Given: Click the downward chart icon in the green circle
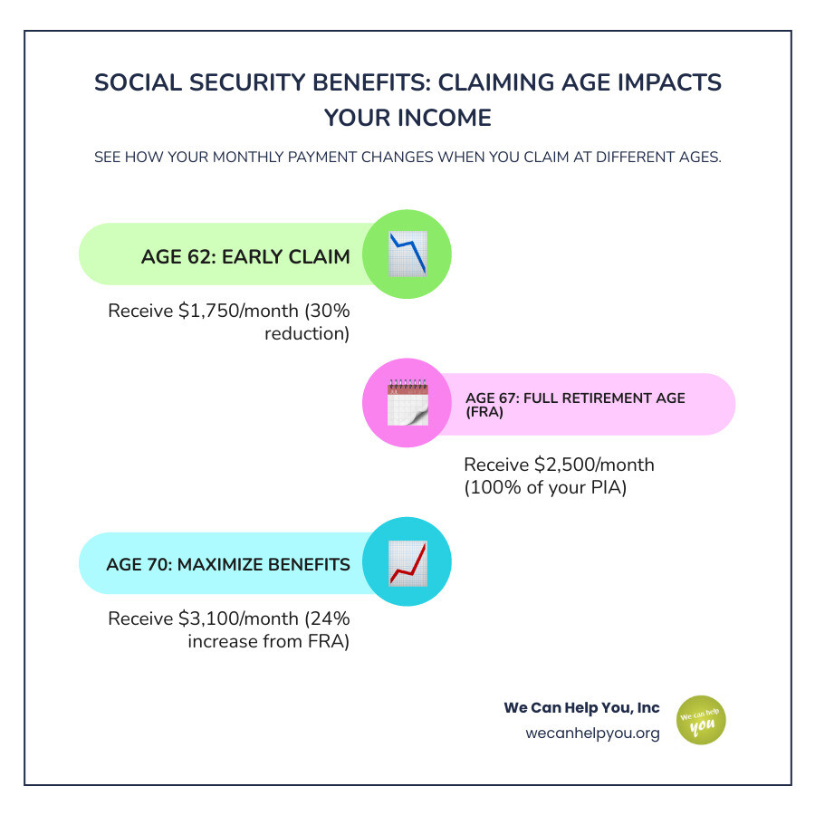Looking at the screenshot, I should tap(407, 254).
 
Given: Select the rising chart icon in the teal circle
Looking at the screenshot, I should tap(407, 562).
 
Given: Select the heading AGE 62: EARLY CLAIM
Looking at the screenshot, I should tap(245, 257).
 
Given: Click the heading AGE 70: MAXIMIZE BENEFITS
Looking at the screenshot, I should tap(228, 565).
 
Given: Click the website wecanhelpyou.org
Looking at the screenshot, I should tap(592, 733).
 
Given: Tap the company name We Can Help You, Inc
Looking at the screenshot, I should tap(581, 707).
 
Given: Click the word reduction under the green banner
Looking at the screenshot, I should tap(307, 334).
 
